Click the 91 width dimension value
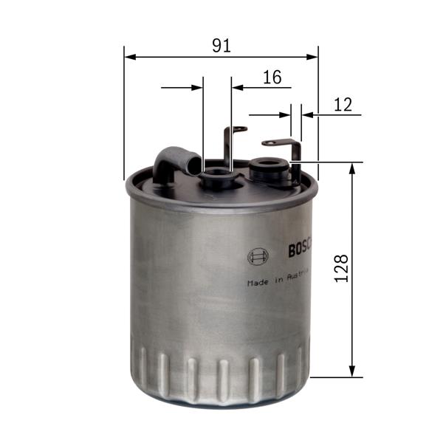click(x=221, y=45)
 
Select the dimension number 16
click(x=272, y=77)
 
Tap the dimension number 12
click(x=343, y=105)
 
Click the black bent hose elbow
click(x=174, y=161)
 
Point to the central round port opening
click(x=217, y=175)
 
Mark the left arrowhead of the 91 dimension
click(x=130, y=56)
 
